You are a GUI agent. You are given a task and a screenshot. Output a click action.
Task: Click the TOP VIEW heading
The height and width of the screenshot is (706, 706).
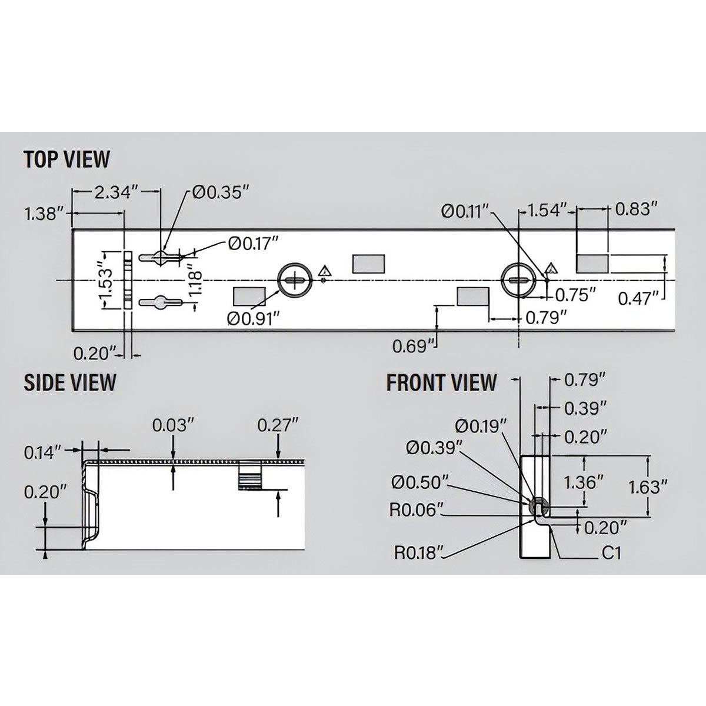tap(66, 159)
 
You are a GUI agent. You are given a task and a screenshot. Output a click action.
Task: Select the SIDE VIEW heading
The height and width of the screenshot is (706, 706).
tap(69, 382)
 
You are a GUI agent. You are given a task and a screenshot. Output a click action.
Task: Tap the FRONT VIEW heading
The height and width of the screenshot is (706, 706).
tap(441, 382)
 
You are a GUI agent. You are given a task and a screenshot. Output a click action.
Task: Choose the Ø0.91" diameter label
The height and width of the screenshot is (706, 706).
tap(253, 318)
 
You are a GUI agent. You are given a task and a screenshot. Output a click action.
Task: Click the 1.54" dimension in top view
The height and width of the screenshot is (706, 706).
tap(547, 209)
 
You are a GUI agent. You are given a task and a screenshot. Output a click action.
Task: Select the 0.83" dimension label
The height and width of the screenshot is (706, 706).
tap(635, 209)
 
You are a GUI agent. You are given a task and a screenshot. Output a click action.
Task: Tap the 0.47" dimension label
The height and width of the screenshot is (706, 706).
tap(638, 299)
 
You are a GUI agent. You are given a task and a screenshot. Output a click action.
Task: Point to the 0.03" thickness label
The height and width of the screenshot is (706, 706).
tap(172, 425)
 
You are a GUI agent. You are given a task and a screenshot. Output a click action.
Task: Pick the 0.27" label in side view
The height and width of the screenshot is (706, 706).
tap(278, 425)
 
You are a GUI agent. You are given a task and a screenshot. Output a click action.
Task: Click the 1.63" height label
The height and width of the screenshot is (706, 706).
tap(648, 487)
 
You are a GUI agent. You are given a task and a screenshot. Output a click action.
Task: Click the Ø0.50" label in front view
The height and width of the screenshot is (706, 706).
tap(420, 482)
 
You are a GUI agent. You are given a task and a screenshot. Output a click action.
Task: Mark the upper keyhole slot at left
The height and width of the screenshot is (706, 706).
tap(159, 257)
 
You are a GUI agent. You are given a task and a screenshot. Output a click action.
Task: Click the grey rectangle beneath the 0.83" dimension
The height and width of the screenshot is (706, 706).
tap(592, 264)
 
